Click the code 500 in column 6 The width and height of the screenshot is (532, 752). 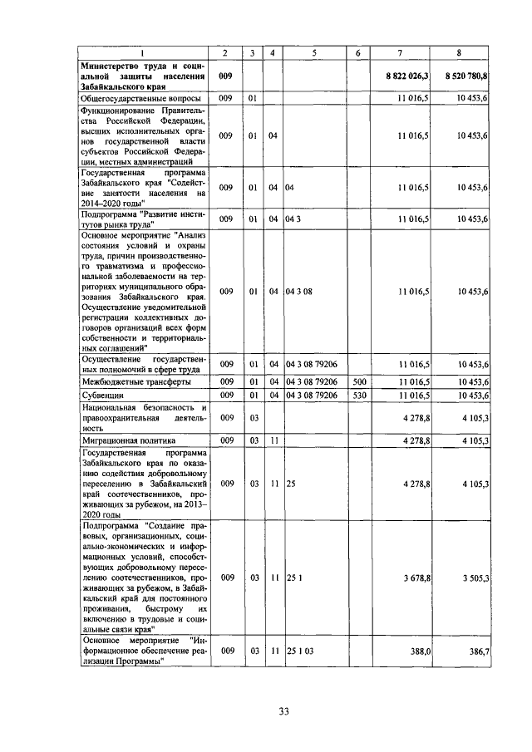point(358,381)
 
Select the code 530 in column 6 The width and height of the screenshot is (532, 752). point(358,396)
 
